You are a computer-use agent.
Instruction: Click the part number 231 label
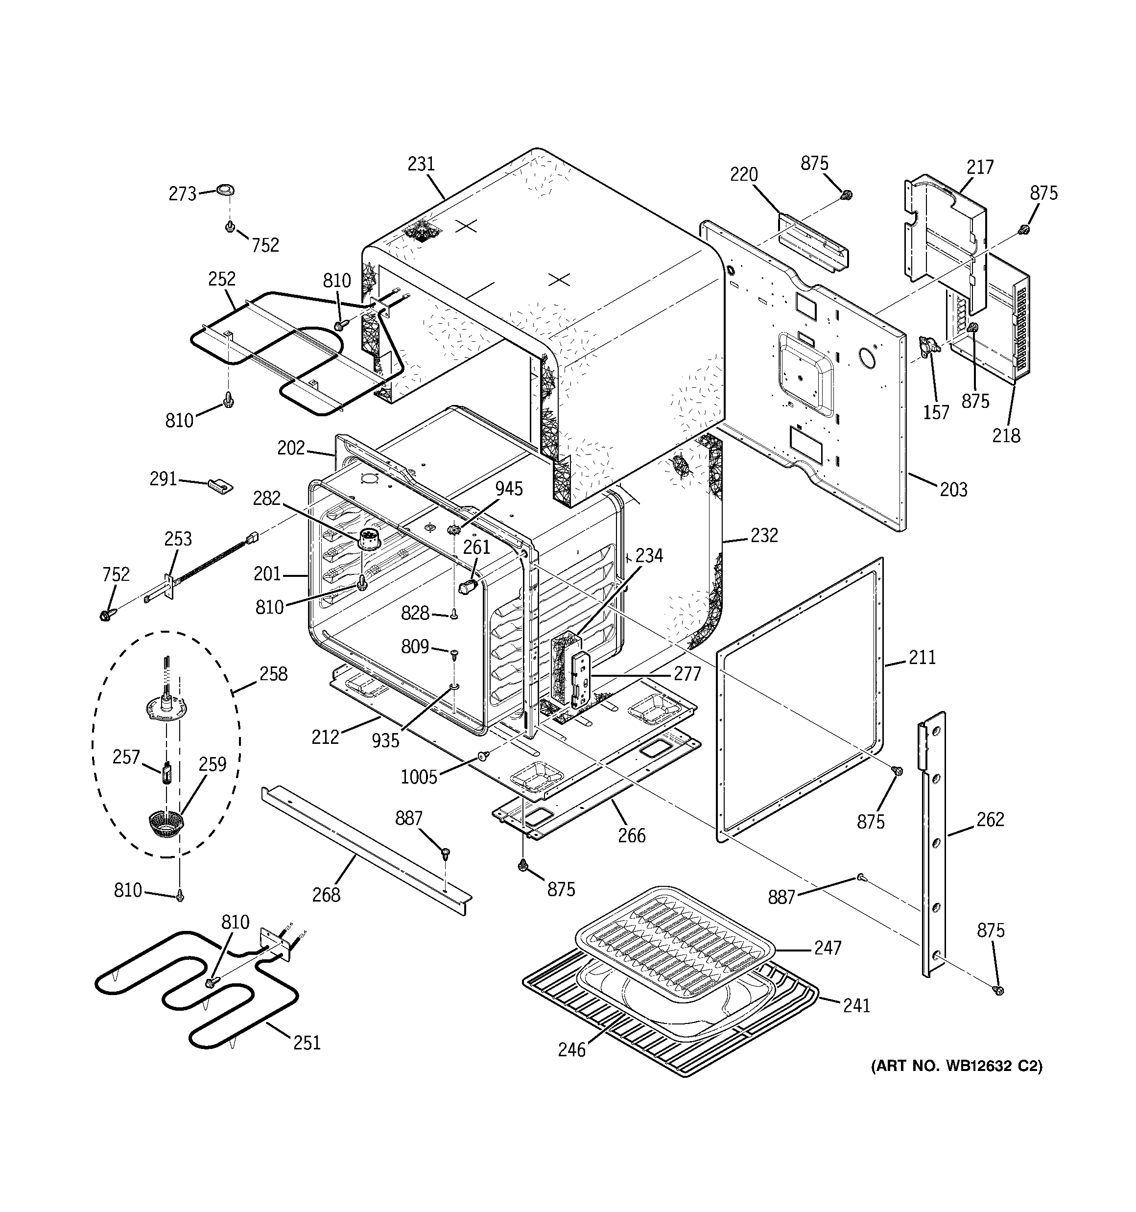pyautogui.click(x=421, y=164)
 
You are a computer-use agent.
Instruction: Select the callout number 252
pyautogui.click(x=221, y=279)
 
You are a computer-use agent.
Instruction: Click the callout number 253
pyautogui.click(x=177, y=539)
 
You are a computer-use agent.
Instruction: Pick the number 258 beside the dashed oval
pyautogui.click(x=273, y=674)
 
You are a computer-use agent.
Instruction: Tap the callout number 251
pyautogui.click(x=307, y=1043)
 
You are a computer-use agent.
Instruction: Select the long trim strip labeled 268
pyautogui.click(x=366, y=851)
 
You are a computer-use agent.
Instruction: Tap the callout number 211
pyautogui.click(x=922, y=657)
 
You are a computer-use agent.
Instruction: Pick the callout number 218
pyautogui.click(x=1006, y=435)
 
